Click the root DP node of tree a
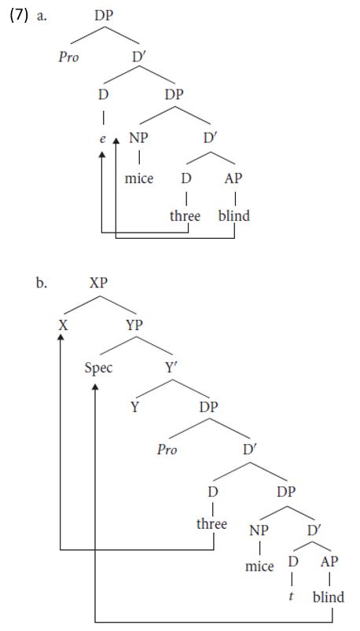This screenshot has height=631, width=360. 104,16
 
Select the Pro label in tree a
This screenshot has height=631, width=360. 68,57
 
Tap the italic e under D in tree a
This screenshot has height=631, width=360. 102,139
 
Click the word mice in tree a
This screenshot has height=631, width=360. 139,178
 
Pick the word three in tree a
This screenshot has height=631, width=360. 185,215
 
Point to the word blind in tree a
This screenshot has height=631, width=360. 234,215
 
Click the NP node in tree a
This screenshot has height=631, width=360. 138,138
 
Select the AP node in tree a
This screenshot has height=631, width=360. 234,178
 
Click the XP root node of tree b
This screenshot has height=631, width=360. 99,283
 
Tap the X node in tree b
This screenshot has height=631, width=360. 62,325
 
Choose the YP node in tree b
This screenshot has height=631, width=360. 134,325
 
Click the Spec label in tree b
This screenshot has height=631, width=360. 98,368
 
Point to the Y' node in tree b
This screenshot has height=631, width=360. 171,367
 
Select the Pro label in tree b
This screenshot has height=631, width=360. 167,449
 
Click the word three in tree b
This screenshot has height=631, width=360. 211,523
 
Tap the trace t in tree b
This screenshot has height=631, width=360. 292,596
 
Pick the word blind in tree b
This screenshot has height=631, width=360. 329,596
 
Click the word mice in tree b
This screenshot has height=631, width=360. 259,567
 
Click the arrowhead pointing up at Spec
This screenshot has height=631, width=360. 95,387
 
